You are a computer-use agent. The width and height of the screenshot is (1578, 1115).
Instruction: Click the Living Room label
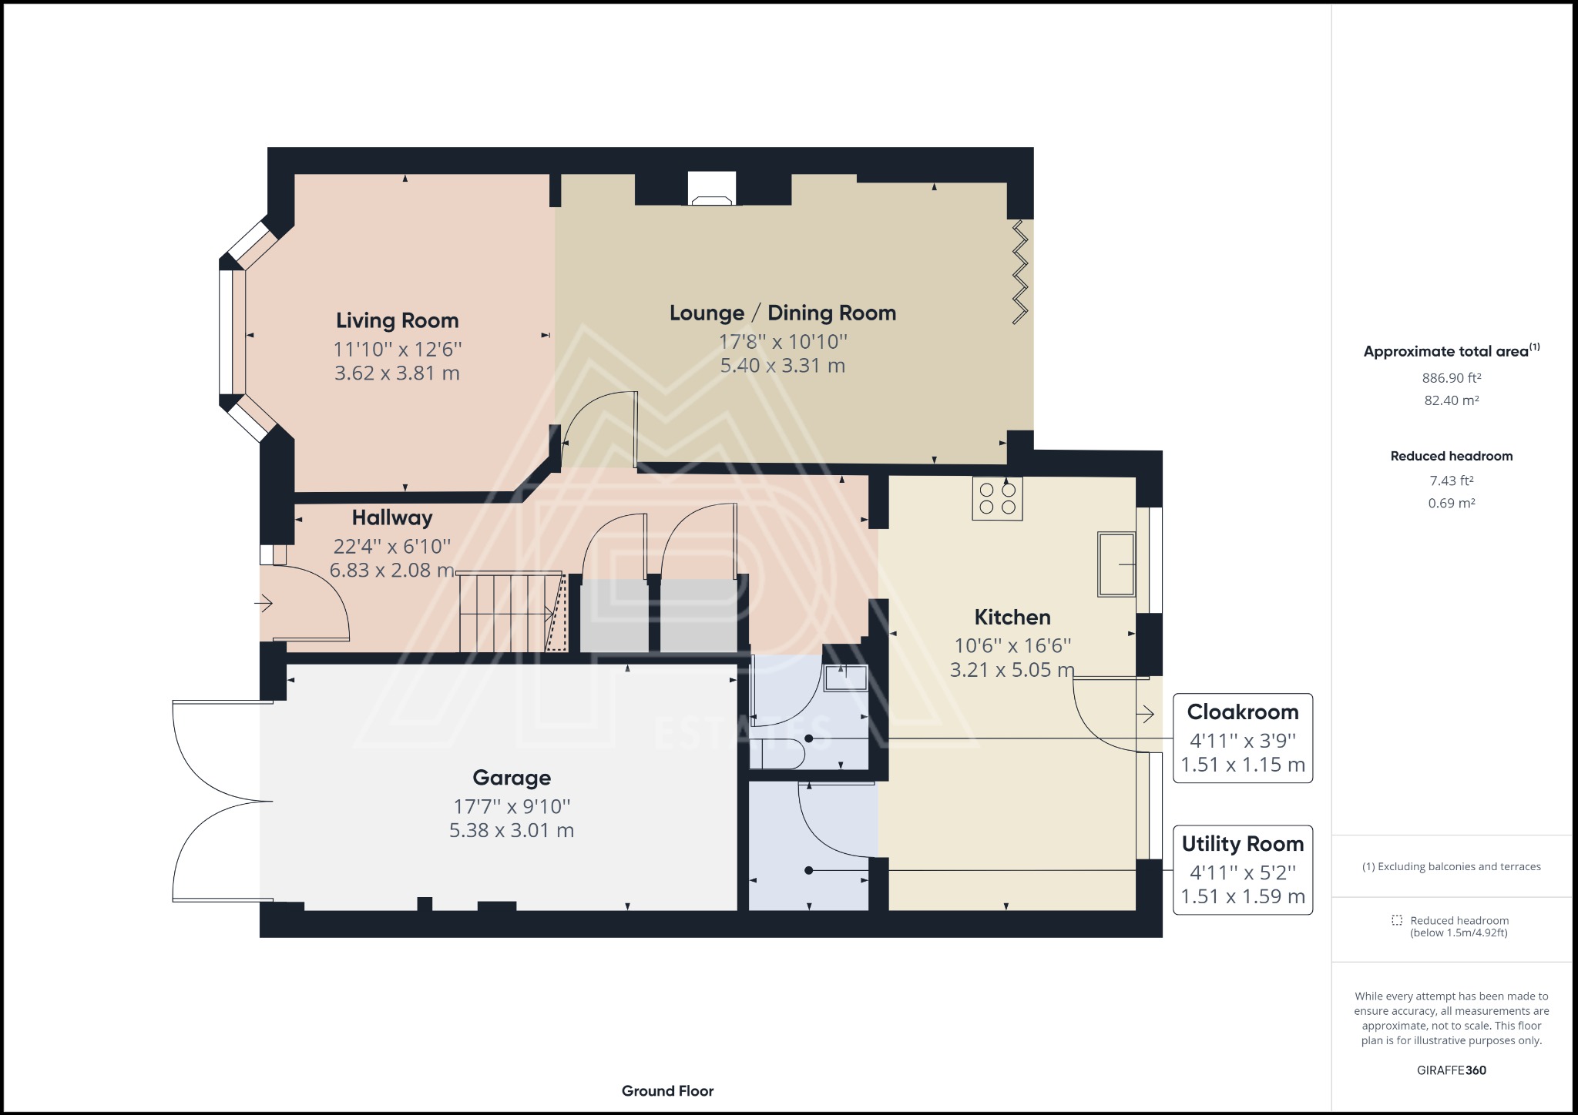[x=397, y=320]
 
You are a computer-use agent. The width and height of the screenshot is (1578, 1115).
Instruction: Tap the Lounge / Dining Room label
[x=783, y=313]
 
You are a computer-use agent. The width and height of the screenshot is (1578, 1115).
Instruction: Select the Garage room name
[x=512, y=778]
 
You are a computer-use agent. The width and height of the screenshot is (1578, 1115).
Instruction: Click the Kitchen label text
[x=1012, y=617]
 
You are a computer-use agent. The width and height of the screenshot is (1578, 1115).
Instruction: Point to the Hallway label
[x=392, y=517]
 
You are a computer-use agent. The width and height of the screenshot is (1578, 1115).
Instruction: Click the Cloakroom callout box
[x=1243, y=738]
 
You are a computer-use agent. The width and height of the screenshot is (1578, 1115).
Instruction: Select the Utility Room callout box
[x=1243, y=870]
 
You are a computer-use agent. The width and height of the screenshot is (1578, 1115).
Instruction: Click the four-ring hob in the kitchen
[x=997, y=498]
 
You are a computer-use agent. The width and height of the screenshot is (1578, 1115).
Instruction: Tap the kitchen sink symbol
[x=1116, y=564]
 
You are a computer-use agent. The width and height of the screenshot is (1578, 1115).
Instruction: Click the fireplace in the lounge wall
[x=712, y=189]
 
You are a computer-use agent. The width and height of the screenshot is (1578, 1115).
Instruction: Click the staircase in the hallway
[x=513, y=611]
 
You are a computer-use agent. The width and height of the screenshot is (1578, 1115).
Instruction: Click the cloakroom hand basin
[x=845, y=678]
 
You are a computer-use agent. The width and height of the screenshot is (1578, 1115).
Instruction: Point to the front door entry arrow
[x=264, y=603]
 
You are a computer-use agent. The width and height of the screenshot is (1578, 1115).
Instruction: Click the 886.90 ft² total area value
[x=1452, y=377]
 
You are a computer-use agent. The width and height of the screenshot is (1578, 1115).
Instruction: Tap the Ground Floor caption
[x=668, y=1090]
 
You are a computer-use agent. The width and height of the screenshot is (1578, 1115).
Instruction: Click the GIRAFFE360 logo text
[x=1452, y=1070]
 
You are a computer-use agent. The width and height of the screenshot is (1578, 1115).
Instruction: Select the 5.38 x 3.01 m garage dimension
[x=512, y=830]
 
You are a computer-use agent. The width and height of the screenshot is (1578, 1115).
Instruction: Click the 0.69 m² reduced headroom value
[x=1452, y=503]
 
